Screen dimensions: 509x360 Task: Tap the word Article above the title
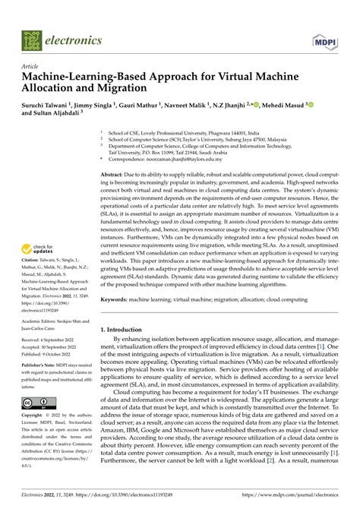[x=30, y=67]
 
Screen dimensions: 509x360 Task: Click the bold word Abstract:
[x=116, y=175]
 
